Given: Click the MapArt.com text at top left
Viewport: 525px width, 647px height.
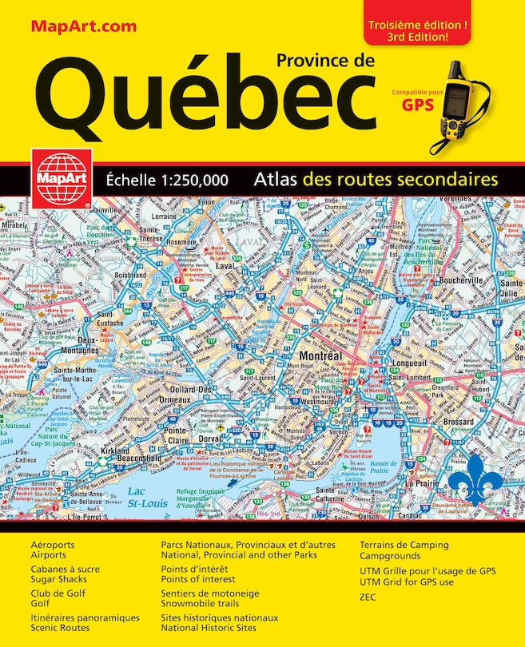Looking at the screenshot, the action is tap(84, 26).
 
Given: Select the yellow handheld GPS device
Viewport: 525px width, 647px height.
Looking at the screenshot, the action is tap(459, 104).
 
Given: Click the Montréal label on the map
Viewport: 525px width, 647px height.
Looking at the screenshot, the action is tap(320, 355).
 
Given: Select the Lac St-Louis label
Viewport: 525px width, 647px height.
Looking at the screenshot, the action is tap(141, 498).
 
